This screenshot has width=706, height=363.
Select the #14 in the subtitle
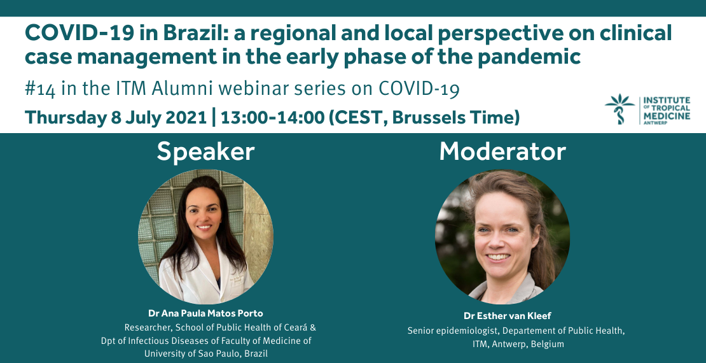40,89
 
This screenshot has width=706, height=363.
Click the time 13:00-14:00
272,117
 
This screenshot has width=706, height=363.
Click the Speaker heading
206,152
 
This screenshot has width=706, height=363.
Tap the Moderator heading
502,152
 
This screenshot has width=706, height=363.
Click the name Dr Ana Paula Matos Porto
206,313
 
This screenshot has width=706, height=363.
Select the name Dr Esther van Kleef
508,316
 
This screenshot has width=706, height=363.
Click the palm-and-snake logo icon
619,109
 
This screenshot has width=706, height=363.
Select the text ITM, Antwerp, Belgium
518,345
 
